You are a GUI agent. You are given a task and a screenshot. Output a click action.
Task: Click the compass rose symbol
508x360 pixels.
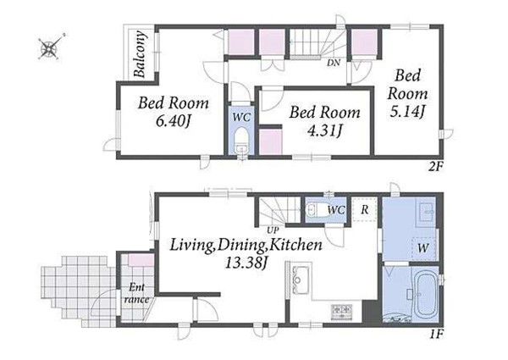pyautogui.click(x=50, y=48)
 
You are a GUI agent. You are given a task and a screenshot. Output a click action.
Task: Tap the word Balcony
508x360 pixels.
pyautogui.click(x=140, y=54)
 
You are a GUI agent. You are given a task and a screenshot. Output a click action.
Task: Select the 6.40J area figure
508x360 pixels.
pyautogui.click(x=173, y=121)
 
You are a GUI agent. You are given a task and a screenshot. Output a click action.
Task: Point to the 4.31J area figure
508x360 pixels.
pyautogui.click(x=325, y=130)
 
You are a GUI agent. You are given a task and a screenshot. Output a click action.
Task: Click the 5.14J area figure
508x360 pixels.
pyautogui.click(x=407, y=113)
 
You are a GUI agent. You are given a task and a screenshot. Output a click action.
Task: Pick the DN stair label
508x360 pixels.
pyautogui.click(x=334, y=63)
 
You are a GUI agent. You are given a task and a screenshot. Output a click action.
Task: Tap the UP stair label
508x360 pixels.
pyautogui.click(x=273, y=230)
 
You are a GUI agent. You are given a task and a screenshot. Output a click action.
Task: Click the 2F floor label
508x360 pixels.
pyautogui.click(x=436, y=167)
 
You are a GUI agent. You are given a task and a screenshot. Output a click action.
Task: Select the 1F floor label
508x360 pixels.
pyautogui.click(x=436, y=334)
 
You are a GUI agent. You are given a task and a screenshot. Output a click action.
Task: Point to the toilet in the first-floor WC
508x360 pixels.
pyautogui.click(x=315, y=210)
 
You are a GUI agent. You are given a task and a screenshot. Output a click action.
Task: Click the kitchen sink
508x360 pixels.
pyautogui.click(x=300, y=280)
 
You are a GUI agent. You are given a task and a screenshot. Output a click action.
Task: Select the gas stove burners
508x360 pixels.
pyautogui.click(x=341, y=311)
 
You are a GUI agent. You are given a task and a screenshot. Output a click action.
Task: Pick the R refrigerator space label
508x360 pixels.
pyautogui.click(x=365, y=210)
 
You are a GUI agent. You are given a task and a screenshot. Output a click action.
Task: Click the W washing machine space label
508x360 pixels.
pyautogui.click(x=422, y=248)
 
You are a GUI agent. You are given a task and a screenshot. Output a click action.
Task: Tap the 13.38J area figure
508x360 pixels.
pyautogui.click(x=246, y=263)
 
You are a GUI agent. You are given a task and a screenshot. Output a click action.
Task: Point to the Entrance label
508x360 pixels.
pyautogui.click(x=136, y=294)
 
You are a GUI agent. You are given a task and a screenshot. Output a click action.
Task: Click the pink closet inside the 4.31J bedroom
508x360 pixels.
pyautogui.click(x=271, y=141)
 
